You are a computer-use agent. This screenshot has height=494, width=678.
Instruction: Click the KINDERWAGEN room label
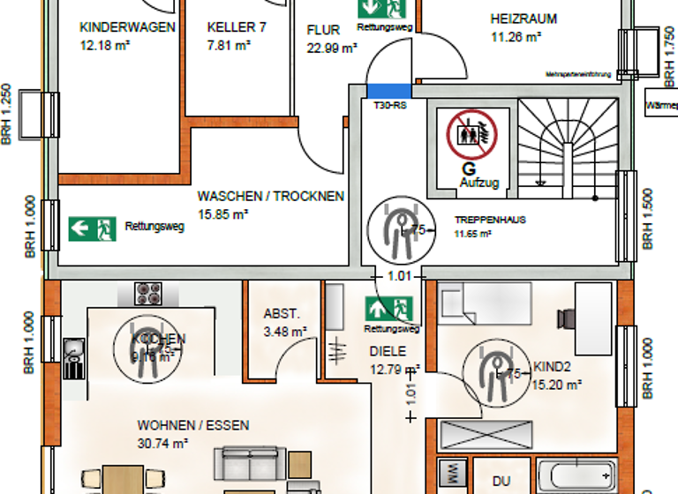[x=127, y=26]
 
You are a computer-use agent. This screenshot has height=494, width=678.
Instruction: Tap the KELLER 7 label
[x=237, y=27]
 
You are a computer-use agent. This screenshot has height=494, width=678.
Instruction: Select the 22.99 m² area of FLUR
[x=331, y=49]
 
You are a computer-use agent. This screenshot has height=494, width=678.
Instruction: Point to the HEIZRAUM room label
[x=524, y=19]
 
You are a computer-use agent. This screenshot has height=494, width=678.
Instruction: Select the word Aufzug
[x=479, y=183]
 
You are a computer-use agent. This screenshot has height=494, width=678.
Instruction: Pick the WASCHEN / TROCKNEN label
[x=270, y=196]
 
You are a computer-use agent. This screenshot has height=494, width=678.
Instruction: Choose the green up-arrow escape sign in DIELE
[x=389, y=309]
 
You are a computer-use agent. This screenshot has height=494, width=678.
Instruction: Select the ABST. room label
[x=282, y=313]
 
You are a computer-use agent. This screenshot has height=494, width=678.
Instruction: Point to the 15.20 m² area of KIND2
[x=556, y=385]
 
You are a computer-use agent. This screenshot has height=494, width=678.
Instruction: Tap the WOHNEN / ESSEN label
[x=192, y=425]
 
